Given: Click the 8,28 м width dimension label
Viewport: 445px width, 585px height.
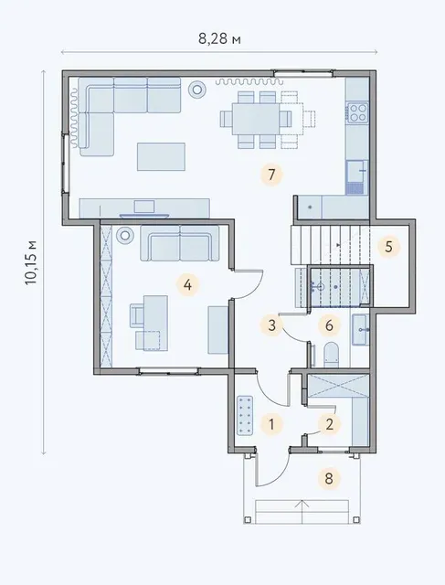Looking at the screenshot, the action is point(219,38).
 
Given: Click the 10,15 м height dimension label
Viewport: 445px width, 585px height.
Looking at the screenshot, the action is point(30,262).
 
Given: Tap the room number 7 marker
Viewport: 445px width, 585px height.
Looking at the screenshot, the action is point(271,175).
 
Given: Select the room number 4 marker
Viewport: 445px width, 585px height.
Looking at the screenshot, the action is point(187,285).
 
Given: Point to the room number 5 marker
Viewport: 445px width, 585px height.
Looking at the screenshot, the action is point(388,247).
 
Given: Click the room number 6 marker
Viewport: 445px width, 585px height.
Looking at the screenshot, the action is point(329,325).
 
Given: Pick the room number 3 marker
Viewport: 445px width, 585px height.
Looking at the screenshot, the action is point(271,325).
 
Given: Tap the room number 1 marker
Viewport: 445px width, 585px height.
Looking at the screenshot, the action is point(271,424).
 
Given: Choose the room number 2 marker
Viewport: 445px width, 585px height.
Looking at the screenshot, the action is point(329,424).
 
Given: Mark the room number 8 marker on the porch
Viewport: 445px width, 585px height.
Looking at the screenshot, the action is point(329,478).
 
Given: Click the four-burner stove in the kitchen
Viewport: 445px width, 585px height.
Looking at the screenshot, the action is point(357,112).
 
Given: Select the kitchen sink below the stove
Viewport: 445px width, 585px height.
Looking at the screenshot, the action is point(357,177).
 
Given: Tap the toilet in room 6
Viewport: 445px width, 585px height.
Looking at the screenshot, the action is point(332,355).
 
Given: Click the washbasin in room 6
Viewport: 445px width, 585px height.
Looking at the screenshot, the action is point(361,329).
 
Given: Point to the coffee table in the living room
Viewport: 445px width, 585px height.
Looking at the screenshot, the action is point(161,156).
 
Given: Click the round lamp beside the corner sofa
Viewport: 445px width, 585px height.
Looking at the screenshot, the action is point(197,90).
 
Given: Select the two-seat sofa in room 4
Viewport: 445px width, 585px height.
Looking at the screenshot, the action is point(179,243).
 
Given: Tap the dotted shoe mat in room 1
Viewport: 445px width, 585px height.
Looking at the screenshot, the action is point(245,416).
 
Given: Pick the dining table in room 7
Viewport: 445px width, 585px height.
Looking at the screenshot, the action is point(256,119).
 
